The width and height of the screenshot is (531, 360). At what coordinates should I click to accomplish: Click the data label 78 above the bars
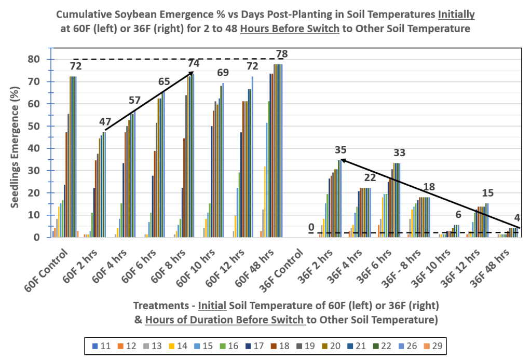(282, 54)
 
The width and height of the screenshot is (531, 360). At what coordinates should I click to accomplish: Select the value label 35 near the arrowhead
(341, 150)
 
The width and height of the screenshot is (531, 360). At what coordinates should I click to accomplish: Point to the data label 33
(399, 153)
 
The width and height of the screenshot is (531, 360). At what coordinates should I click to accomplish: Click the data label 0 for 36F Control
(311, 227)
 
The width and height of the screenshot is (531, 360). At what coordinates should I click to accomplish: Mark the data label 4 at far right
(517, 218)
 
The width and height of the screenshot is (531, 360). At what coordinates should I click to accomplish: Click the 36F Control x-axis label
(285, 267)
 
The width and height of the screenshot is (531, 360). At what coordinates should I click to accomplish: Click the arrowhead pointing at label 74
(192, 73)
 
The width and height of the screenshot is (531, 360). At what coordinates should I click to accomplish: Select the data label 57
(135, 100)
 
